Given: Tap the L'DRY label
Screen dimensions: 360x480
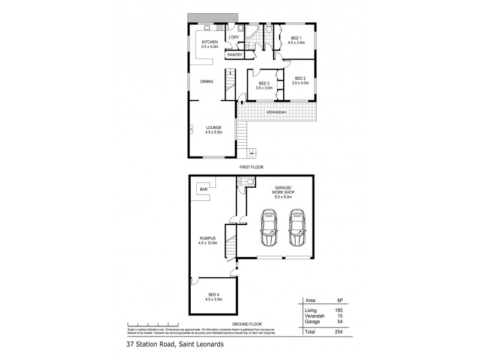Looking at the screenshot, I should [233, 38].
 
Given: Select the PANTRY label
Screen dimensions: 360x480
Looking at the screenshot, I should [235, 55].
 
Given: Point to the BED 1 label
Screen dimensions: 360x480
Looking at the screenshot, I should [296, 40].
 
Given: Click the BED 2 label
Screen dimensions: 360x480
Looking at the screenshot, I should [301, 80].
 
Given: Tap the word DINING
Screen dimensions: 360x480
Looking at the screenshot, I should [207, 82].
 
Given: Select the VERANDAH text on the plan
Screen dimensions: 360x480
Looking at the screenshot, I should [276, 112].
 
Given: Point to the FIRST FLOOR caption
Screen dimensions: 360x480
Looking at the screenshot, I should [251, 167].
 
